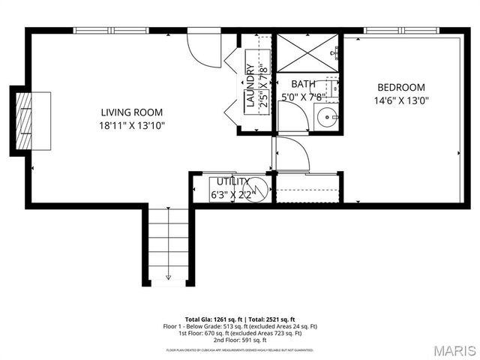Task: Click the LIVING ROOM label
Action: point(132,112)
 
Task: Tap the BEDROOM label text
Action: point(400,87)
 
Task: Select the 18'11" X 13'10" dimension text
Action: point(132,125)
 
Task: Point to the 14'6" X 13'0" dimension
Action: point(400,100)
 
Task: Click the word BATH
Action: point(303,85)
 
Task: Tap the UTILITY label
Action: point(233,182)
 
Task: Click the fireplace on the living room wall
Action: point(31,121)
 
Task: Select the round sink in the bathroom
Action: point(326,117)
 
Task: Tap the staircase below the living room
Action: point(168,244)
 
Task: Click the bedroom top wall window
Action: point(400,31)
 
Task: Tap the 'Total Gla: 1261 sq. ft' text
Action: point(211,319)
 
